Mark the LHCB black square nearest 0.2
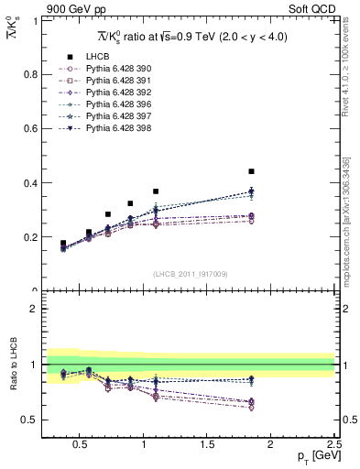click(x=89, y=233)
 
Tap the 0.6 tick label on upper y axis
click(x=31, y=128)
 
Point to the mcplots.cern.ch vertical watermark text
click(x=352, y=238)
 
